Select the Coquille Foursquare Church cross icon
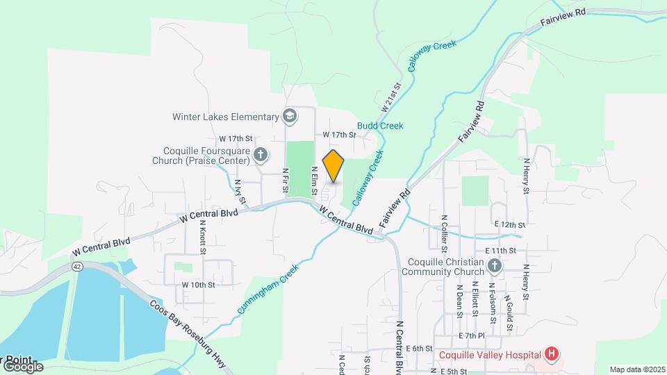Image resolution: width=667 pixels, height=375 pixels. coord(261,155)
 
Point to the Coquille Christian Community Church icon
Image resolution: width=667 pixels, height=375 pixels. coord(494,265)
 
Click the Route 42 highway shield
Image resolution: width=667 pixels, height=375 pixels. coord(76,266)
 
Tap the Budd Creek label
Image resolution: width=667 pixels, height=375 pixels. coord(380,126)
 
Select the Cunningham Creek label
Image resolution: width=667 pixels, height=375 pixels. coord(267,290)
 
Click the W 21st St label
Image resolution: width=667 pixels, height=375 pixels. coord(392,99)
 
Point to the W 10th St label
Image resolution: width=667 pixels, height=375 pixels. coord(198,285)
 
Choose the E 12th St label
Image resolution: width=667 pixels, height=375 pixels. coord(510,225)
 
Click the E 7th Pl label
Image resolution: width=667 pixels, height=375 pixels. coord(471,335)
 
